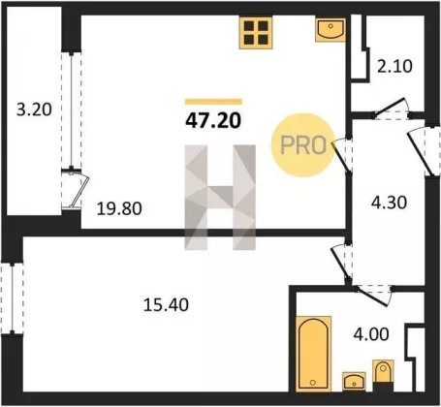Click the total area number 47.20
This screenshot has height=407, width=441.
tap(213, 121)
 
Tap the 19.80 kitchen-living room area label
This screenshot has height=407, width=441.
tap(119, 208)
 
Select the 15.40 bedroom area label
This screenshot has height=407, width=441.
tap(166, 305)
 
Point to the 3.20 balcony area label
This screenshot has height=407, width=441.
tap(34, 110)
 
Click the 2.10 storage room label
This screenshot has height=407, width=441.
tap(394, 67)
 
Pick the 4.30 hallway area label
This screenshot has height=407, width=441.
tap(389, 203)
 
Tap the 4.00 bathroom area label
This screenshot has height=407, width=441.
tap(371, 334)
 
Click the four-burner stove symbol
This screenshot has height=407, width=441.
tap(256, 32)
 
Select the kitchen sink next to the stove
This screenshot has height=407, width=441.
tap(331, 30)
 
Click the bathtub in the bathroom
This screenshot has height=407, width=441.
tap(313, 354)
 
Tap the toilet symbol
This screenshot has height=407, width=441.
tap(383, 375)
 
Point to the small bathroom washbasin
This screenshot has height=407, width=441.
tap(354, 381)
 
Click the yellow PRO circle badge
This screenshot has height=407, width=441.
tap(302, 145)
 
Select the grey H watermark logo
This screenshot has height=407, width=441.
tap(220, 198)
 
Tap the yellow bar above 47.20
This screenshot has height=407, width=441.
tap(213, 102)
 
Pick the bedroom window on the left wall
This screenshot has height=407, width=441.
tap(12, 298)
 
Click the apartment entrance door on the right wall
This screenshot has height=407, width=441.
tap(425, 151)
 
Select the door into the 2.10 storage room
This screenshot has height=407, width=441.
tap(392, 110)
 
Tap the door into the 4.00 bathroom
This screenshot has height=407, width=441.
tap(374, 295)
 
